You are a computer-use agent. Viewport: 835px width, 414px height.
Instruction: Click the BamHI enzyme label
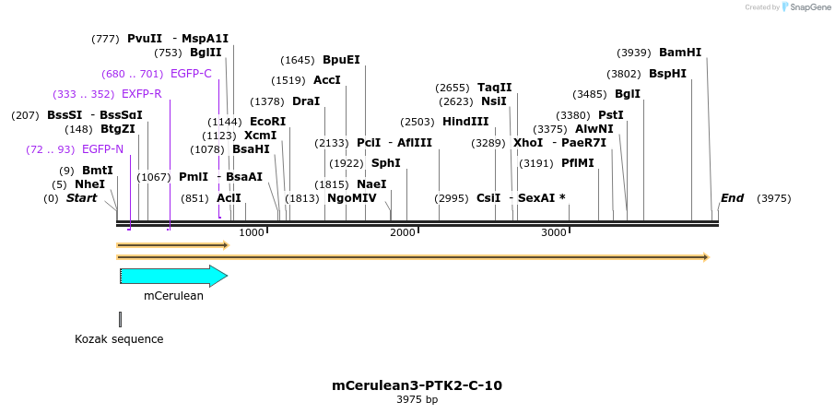coord(680,53)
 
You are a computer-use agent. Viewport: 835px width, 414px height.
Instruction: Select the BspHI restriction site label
coord(667,74)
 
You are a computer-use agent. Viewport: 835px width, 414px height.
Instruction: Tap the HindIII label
coord(465,122)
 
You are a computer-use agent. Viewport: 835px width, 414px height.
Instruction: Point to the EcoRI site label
coord(267,122)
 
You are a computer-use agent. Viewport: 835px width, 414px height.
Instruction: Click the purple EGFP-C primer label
coord(191,74)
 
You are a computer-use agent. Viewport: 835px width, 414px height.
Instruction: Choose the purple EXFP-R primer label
coord(141,94)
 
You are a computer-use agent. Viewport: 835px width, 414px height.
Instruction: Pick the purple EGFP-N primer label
coord(102,149)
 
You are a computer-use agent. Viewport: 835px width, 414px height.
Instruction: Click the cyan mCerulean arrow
coord(173,276)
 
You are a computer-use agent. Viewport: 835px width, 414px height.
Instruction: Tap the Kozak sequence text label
coord(119,339)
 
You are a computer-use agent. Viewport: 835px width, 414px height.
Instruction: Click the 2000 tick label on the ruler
coord(403,232)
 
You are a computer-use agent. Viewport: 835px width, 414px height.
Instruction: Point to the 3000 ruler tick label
coord(553,232)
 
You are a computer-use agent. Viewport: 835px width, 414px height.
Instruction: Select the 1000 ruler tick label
coord(252,232)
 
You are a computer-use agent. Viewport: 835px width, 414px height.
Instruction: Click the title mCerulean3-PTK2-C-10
coord(417,385)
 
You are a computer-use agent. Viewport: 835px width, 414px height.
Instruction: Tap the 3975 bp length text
coord(417,400)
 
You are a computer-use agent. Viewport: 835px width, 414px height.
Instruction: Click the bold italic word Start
coord(81,198)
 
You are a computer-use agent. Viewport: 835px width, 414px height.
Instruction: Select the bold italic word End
coord(732,198)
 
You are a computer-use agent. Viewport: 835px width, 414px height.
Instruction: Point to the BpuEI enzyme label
coord(341,60)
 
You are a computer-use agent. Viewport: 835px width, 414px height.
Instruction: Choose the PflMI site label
coord(578,163)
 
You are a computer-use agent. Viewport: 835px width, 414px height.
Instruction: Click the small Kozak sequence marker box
coord(121,319)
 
